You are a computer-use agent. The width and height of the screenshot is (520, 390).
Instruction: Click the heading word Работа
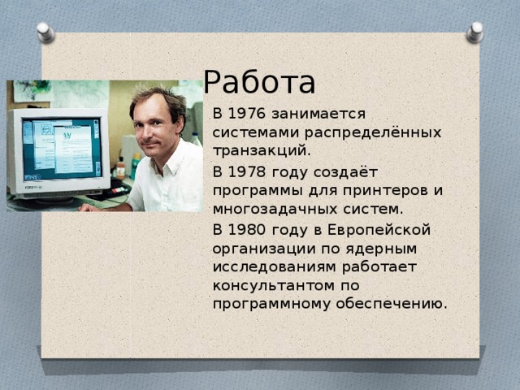(259, 82)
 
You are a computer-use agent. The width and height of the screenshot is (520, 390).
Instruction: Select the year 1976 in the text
(247, 114)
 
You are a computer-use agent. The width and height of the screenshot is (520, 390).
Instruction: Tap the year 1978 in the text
(247, 171)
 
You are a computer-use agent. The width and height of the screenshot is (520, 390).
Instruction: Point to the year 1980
(247, 230)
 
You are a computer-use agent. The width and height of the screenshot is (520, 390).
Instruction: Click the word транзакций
(262, 151)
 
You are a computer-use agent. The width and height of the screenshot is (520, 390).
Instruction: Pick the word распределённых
(373, 132)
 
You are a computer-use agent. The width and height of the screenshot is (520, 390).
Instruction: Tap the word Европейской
(379, 230)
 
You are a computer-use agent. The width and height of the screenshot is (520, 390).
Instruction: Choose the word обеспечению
(392, 304)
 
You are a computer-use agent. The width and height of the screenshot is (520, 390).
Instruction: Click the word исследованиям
(274, 267)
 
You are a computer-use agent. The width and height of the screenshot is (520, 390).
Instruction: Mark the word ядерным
(381, 249)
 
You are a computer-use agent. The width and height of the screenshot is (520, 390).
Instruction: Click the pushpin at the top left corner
(45, 32)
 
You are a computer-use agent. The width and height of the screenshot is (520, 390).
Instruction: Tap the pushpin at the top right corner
(474, 32)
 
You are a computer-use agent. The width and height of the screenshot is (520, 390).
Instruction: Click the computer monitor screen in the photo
(62, 149)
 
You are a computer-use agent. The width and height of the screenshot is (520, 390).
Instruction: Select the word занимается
(318, 114)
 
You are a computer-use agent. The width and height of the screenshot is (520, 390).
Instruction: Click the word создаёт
(345, 171)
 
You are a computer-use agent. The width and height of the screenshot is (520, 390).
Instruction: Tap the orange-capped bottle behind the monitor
(121, 168)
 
